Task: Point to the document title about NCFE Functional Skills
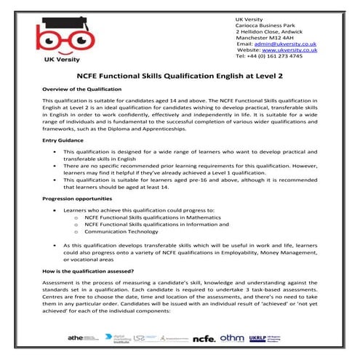click(180, 75)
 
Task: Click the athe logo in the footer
click(76, 337)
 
